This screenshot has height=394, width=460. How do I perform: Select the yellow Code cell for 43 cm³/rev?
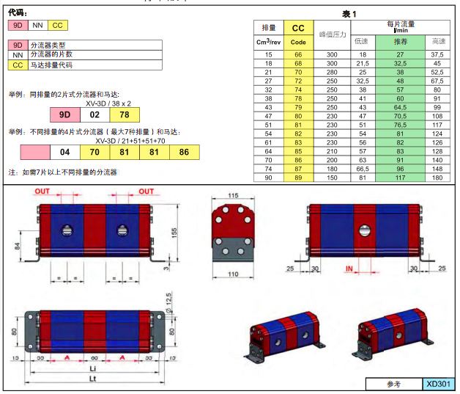point(298,107)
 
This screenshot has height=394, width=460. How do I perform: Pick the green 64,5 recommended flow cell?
point(401,107)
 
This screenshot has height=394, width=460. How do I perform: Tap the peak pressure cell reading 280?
point(332,72)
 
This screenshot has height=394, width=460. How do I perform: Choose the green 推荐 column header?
point(401,41)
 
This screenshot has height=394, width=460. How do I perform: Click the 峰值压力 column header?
point(332,34)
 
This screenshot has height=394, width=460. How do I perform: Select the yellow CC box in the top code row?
point(59,26)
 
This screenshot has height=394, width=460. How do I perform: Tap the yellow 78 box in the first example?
point(124,115)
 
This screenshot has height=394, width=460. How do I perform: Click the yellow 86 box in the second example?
point(183,152)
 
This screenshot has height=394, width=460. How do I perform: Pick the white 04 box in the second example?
point(64,152)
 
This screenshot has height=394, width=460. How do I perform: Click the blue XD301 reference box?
point(439,384)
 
